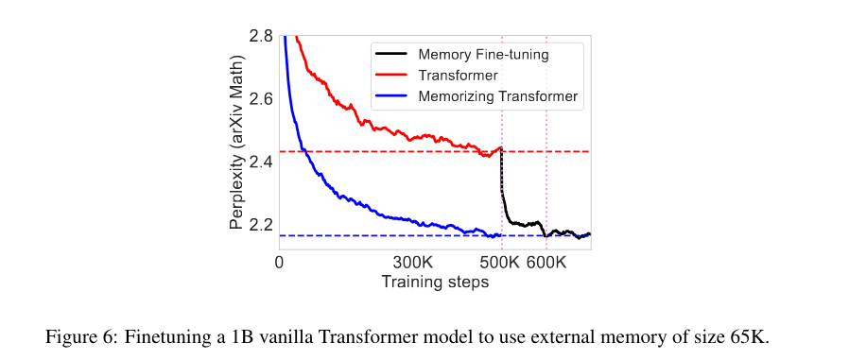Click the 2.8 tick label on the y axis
261,37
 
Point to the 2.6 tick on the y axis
261,99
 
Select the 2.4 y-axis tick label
261,162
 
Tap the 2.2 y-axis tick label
261,225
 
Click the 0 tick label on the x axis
279,263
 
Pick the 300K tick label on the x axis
412,263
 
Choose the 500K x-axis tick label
500,263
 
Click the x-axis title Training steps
434,282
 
